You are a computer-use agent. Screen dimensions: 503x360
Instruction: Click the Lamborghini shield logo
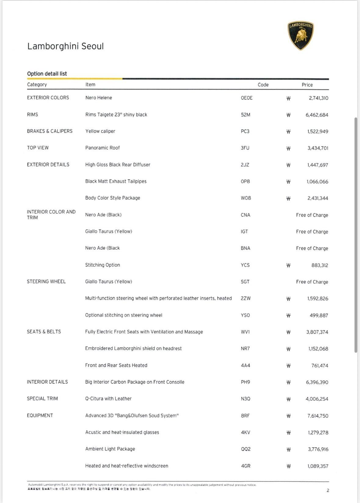(x=301, y=35)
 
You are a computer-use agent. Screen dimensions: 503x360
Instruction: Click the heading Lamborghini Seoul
(x=66, y=46)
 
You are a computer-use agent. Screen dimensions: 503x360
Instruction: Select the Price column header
(x=307, y=85)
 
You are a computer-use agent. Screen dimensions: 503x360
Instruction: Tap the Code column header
(x=263, y=85)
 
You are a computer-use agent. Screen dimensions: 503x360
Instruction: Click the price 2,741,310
(x=318, y=98)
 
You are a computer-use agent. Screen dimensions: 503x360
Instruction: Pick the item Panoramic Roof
(x=103, y=148)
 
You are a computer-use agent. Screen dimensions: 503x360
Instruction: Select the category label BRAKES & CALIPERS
(x=50, y=131)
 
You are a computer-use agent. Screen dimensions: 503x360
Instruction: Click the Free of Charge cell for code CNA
(x=312, y=215)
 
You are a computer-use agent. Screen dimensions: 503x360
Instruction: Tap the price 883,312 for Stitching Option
(x=320, y=265)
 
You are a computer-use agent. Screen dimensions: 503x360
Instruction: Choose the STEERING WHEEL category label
(x=46, y=281)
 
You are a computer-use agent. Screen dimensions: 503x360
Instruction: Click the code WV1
(x=245, y=332)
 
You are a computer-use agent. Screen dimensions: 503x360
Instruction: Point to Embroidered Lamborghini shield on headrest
(x=133, y=348)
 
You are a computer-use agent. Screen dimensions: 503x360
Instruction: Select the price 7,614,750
(x=318, y=416)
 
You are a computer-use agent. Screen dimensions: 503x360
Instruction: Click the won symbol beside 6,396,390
(x=288, y=382)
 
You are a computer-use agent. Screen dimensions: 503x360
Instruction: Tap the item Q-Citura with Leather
(x=108, y=398)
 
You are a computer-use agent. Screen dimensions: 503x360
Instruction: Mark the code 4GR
(x=245, y=466)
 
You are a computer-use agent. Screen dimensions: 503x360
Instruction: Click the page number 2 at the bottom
(x=328, y=490)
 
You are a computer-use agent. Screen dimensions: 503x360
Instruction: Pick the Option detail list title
(x=47, y=74)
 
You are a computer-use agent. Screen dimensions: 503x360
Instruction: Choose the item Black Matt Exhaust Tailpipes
(x=116, y=181)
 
